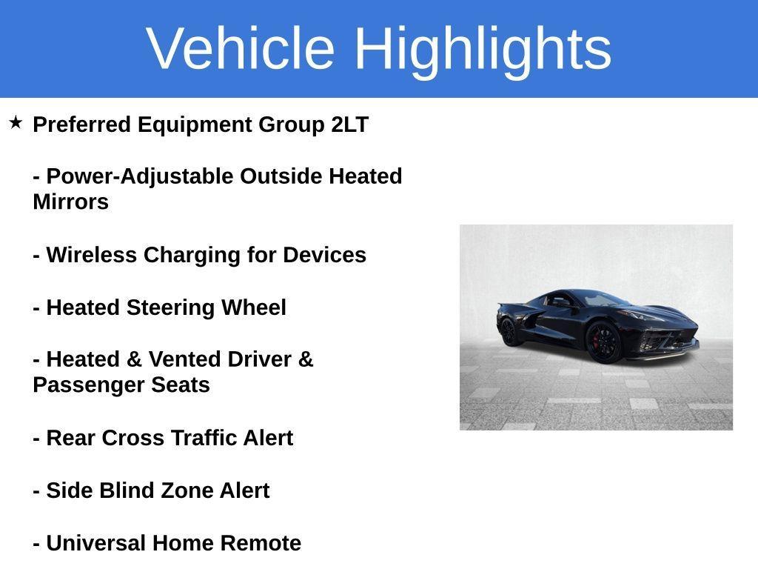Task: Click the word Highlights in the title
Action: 483,48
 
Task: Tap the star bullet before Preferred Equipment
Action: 16,122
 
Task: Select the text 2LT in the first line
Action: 349,124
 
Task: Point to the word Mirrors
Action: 70,202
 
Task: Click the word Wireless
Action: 92,255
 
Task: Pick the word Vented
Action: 184,359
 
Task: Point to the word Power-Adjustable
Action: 140,176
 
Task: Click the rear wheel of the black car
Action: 509,331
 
